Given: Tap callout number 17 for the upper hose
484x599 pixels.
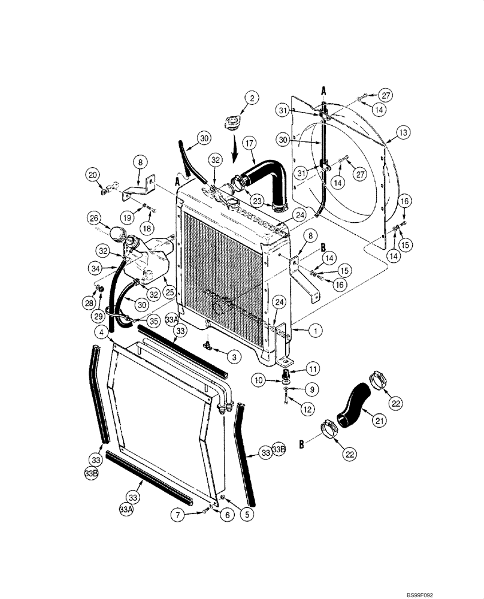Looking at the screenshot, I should (x=249, y=144).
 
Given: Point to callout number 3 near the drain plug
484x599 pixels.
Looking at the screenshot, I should (x=235, y=356).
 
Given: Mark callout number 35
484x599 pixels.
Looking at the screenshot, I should (x=154, y=321).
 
